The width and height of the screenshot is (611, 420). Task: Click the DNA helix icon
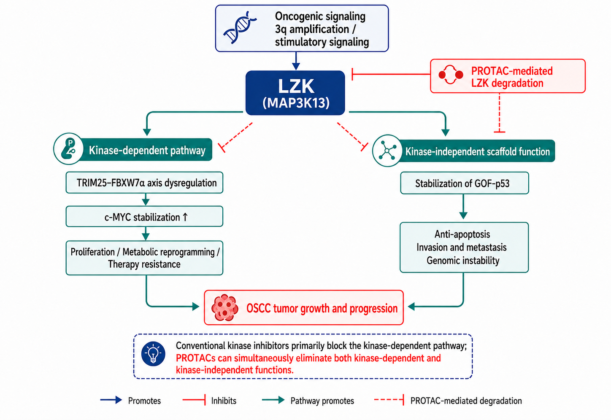tap(240, 27)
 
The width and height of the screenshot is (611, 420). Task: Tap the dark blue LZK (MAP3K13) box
tap(295, 93)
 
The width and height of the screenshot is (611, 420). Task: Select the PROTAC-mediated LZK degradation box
tap(508, 76)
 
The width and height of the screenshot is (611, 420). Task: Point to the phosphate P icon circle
tap(68, 149)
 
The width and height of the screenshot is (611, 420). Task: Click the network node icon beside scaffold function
tap(387, 151)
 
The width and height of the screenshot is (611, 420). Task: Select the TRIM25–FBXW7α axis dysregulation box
tap(144, 183)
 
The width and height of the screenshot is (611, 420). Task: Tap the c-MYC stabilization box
tap(144, 217)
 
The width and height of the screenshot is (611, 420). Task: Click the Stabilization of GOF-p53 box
tap(464, 183)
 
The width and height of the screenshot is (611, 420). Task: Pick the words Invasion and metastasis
tap(461, 247)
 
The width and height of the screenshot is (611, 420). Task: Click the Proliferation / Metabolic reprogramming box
tap(144, 258)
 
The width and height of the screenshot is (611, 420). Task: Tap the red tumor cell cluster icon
tap(225, 307)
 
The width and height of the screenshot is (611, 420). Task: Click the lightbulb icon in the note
tap(153, 353)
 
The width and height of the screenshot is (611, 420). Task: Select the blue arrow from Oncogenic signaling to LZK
tap(296, 61)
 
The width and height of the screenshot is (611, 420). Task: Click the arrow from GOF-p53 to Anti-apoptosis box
tap(463, 207)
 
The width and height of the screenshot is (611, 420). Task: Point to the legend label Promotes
tap(144, 401)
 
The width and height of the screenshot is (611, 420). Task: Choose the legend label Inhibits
tap(224, 401)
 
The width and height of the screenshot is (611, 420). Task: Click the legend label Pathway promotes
tap(322, 401)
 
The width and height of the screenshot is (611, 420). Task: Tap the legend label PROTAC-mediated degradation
tap(466, 401)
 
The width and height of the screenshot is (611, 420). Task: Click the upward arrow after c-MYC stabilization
tap(185, 217)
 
